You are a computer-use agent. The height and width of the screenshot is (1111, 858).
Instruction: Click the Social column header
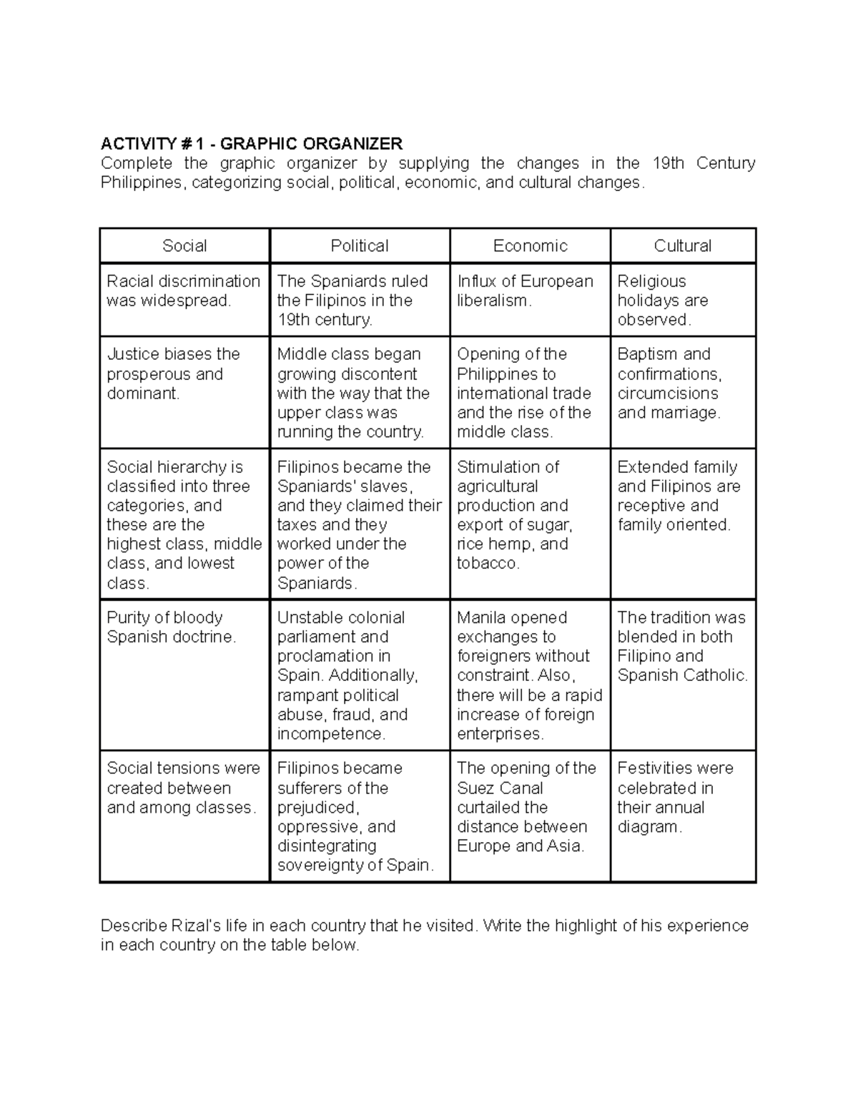click(184, 246)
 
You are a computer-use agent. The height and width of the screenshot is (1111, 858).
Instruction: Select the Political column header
click(360, 246)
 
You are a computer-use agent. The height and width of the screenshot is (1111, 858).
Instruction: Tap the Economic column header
click(530, 246)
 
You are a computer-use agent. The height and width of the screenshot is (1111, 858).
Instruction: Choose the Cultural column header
click(683, 246)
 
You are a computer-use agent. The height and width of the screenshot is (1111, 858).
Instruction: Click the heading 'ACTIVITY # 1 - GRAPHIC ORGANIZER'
click(252, 144)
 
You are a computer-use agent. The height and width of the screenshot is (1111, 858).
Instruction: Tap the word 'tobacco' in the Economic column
click(486, 564)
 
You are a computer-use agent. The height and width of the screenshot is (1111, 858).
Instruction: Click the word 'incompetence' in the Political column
click(330, 734)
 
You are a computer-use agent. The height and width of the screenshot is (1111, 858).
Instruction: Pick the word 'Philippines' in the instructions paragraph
click(142, 182)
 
